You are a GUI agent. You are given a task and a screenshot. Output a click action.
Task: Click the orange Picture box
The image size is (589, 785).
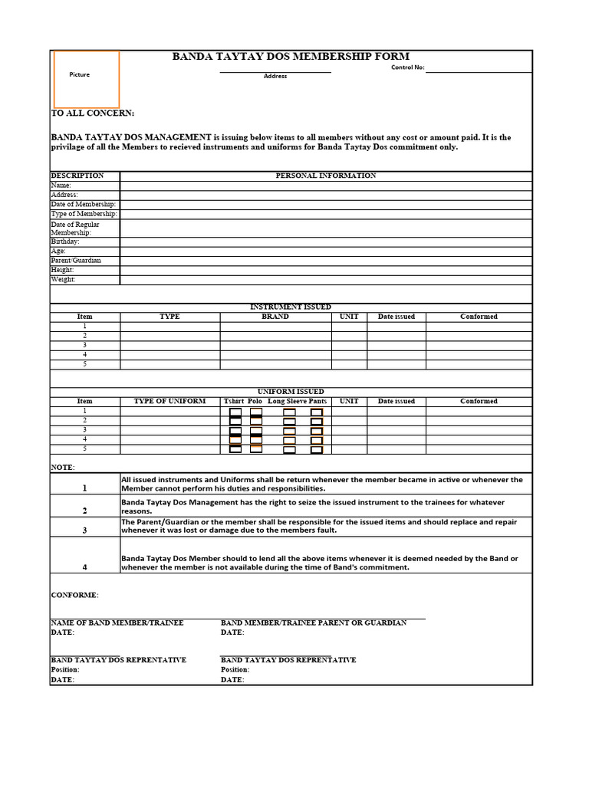tap(86, 79)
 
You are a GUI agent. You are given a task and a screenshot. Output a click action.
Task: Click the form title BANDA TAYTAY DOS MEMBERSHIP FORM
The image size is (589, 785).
tap(291, 57)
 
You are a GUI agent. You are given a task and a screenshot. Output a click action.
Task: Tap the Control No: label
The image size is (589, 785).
tap(407, 67)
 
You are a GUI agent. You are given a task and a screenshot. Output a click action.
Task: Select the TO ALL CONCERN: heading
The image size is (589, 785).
tap(92, 113)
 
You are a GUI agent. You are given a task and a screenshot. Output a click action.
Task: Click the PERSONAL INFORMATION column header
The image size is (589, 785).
tap(325, 176)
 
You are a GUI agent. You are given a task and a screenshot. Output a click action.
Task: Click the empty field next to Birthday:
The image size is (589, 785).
tap(325, 241)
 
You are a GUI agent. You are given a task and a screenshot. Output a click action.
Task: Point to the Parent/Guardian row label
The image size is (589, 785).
tap(76, 261)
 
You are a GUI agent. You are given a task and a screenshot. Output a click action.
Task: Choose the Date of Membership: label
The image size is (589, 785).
tap(83, 205)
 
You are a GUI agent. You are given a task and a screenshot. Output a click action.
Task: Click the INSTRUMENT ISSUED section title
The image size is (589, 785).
tap(291, 307)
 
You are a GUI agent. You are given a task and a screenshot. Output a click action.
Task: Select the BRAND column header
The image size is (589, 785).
tap(275, 317)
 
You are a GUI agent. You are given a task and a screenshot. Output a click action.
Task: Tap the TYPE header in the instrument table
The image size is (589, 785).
tap(169, 317)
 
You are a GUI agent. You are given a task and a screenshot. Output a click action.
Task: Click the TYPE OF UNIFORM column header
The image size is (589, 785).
tap(169, 401)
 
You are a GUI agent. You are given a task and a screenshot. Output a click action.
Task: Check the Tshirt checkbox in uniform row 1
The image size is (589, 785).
tap(235, 412)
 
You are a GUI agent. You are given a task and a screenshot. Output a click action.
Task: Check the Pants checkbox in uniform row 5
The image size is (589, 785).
tap(317, 450)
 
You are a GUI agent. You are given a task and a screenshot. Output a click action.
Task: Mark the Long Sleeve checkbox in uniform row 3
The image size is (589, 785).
tap(289, 431)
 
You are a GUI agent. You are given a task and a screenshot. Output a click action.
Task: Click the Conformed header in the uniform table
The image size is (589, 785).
tap(479, 401)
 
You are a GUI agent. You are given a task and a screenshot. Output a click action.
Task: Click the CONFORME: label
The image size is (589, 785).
tap(74, 595)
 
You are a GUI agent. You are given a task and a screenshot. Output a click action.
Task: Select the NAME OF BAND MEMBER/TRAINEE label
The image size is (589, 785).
tap(117, 622)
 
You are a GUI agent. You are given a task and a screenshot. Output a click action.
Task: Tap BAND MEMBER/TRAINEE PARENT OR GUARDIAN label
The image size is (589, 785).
tap(314, 622)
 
